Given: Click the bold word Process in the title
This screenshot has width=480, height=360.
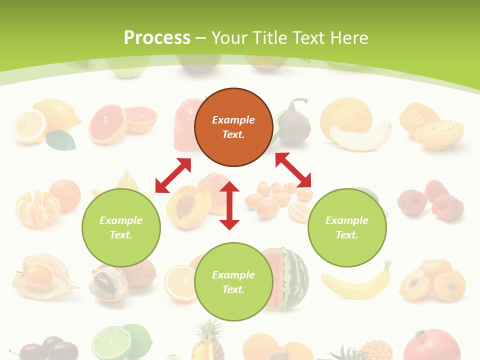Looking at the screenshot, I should pyautogui.click(x=157, y=37).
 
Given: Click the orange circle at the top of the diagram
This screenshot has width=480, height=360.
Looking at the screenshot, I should pyautogui.click(x=233, y=127).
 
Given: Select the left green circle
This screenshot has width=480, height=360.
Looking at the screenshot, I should pyautogui.click(x=121, y=227).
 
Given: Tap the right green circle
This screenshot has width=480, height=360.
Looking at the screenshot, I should pyautogui.click(x=347, y=227).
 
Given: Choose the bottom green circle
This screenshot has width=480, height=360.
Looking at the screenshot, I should pyautogui.click(x=233, y=282).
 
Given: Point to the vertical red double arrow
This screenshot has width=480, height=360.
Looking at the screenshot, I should pyautogui.click(x=229, y=205).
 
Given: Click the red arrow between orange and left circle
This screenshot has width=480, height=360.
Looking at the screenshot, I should pyautogui.click(x=173, y=175).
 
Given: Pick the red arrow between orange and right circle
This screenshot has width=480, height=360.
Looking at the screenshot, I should pyautogui.click(x=293, y=170).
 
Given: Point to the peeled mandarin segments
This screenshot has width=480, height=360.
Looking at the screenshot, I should pyautogui.click(x=36, y=207).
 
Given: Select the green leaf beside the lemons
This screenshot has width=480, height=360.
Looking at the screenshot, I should pyautogui.click(x=61, y=140).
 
